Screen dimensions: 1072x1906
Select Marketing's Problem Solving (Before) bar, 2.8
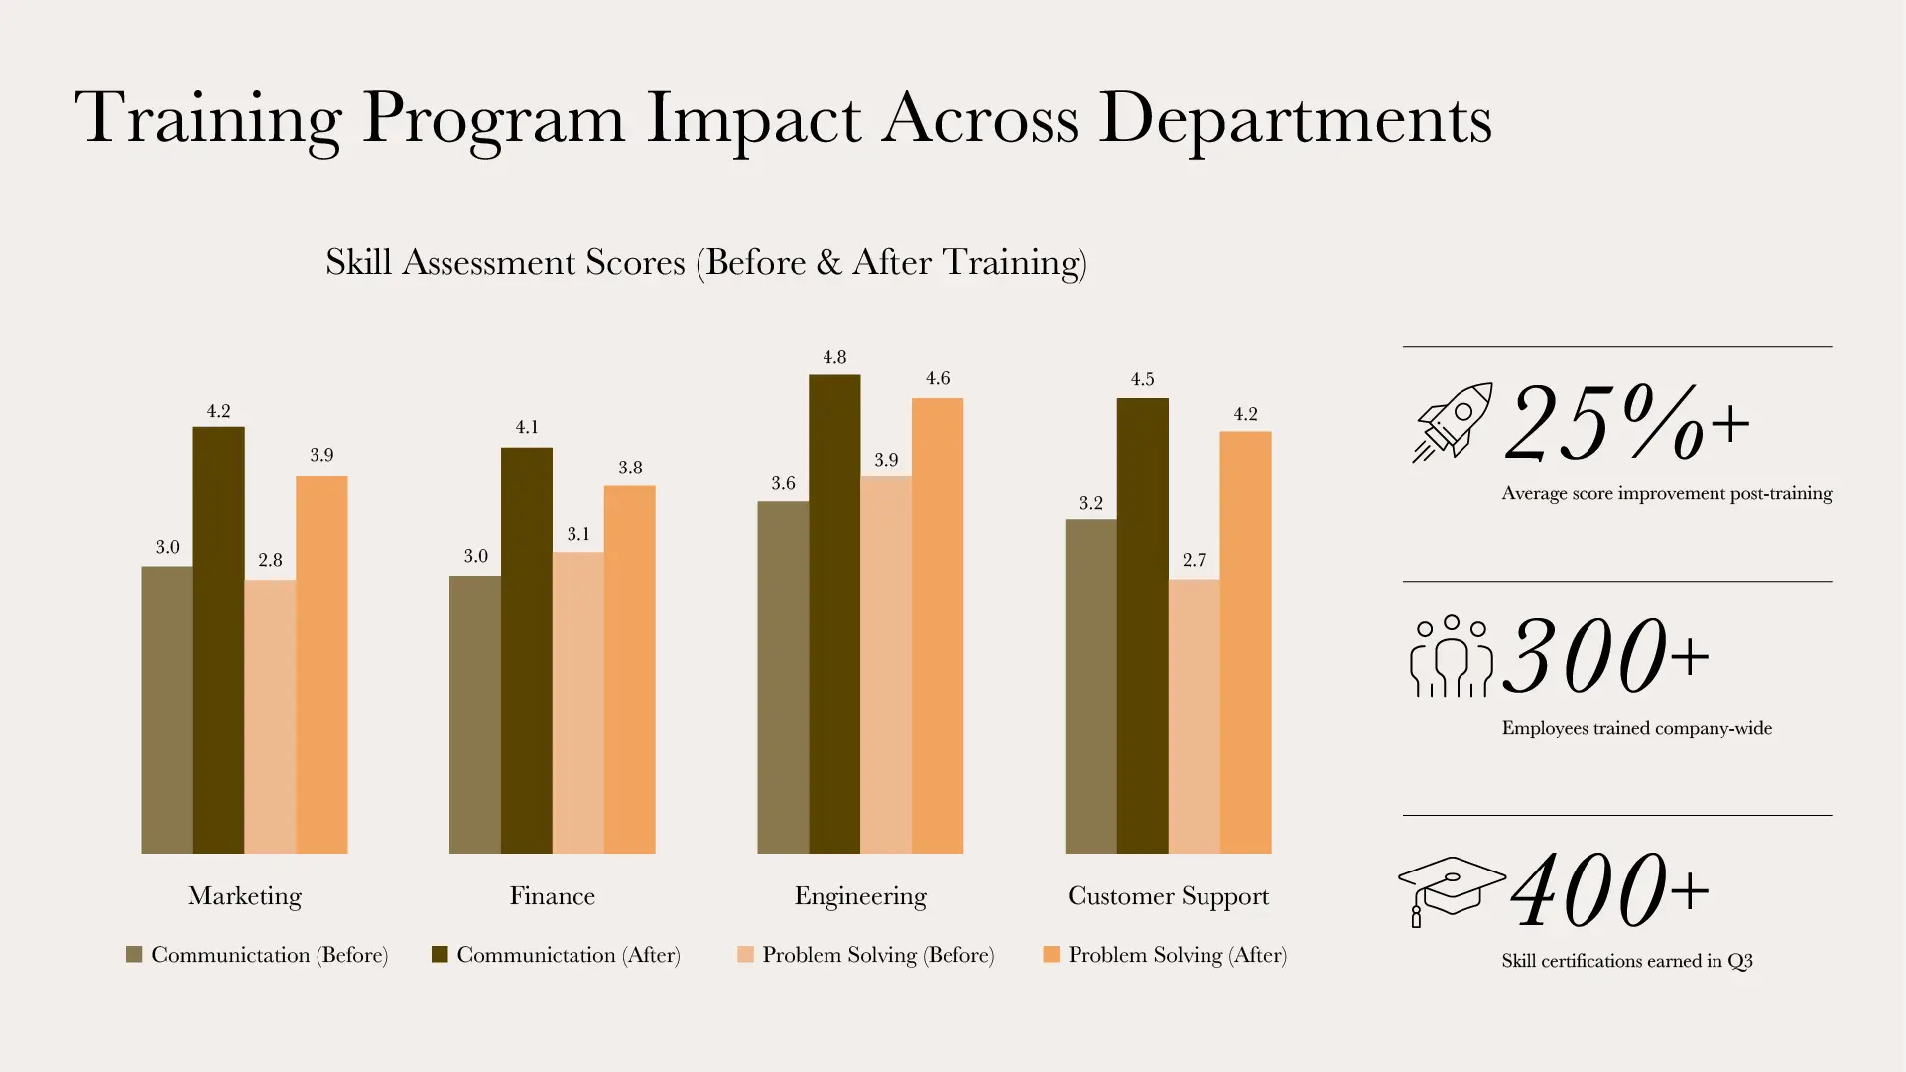[270, 716]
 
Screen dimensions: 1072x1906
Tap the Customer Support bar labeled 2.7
[1194, 716]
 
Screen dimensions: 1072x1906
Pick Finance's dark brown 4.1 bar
[527, 650]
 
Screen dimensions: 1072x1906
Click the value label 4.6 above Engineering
[938, 378]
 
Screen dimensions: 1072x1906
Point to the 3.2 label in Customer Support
[1090, 503]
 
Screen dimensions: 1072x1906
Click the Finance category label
[553, 896]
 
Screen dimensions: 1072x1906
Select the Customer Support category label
[1168, 896]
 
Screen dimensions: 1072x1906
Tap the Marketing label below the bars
[244, 896]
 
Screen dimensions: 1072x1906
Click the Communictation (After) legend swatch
[440, 955]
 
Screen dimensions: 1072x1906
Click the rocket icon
[1453, 422]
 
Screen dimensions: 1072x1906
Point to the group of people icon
[1451, 656]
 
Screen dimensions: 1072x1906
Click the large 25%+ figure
[1627, 424]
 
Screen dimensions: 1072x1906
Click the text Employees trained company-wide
[1636, 728]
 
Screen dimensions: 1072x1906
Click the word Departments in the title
[1295, 119]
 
